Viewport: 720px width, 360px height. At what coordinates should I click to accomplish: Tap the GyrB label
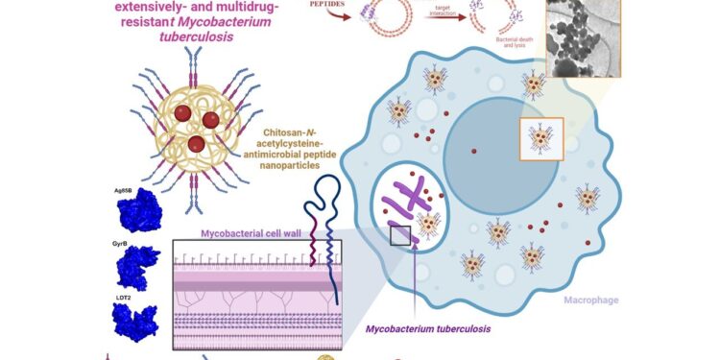click(121, 245)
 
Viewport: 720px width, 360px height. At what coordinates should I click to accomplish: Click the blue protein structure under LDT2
click(133, 322)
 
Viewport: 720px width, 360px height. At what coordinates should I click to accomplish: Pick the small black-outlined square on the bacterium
click(400, 234)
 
